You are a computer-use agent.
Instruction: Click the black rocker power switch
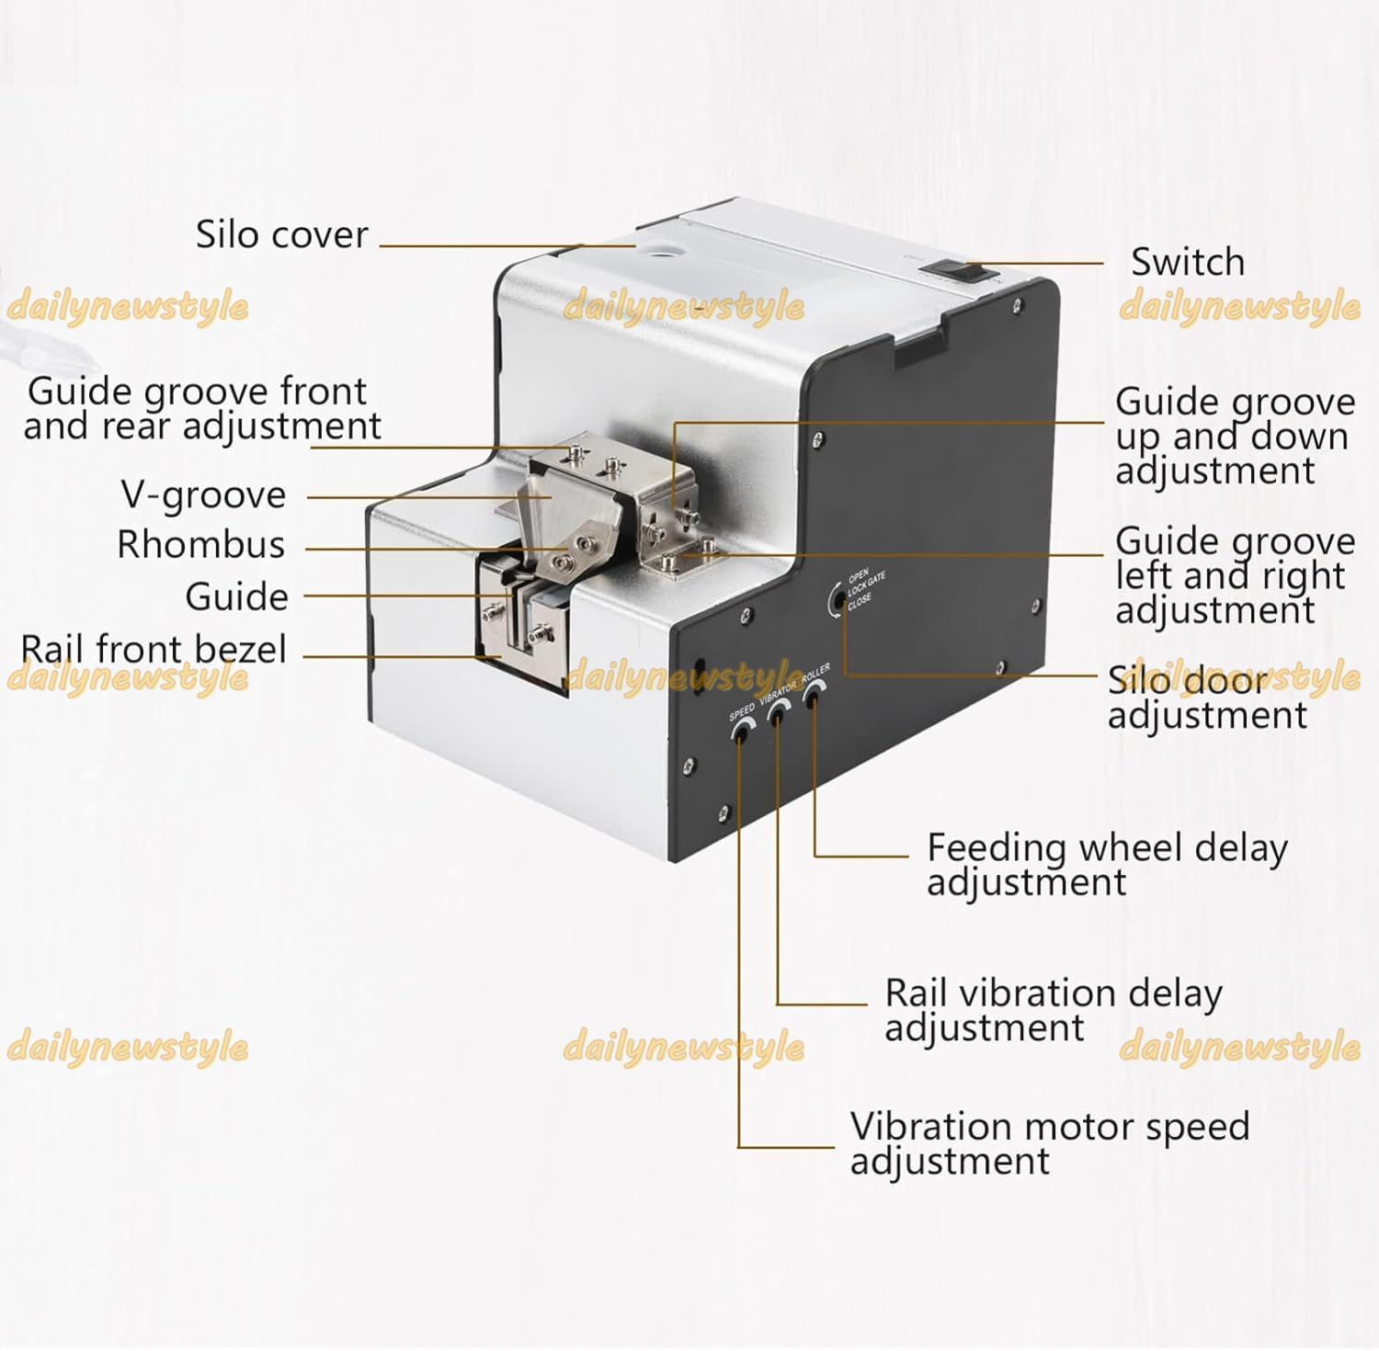pos(957,271)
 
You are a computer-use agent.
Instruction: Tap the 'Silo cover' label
pos(281,235)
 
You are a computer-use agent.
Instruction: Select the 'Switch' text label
pos(1187,263)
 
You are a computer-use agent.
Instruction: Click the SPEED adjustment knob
pos(741,730)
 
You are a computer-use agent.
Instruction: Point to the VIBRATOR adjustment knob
pos(777,711)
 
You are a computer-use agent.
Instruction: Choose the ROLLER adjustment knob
pos(812,696)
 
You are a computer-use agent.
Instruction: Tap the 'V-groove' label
pos(203,495)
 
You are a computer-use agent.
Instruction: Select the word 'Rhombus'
pos(200,545)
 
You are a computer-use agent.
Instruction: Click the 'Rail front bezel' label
pos(154,650)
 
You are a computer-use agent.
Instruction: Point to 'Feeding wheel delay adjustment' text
pos(1106,864)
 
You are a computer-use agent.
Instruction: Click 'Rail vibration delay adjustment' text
pos(1053,1010)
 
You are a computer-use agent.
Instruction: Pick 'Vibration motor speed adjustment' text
pos(1049,1143)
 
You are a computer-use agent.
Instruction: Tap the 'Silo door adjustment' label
pos(1205,698)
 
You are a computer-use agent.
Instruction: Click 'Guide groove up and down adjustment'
pos(1234,437)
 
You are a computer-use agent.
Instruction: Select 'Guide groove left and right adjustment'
pos(1234,576)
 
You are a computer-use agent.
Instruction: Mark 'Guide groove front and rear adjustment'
pos(200,409)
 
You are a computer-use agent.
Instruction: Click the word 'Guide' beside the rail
pos(236,597)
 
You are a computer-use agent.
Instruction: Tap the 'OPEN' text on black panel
pos(858,573)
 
